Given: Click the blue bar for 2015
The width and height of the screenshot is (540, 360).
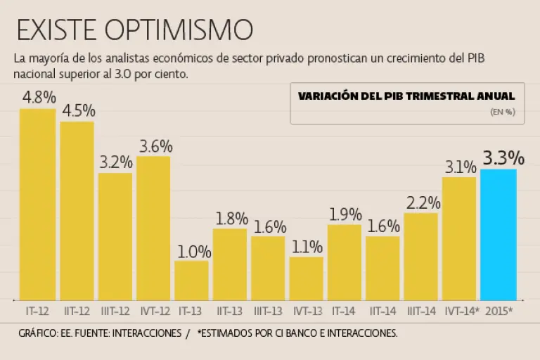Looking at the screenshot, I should tap(499, 235).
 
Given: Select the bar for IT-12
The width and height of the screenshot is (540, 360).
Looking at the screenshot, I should tap(38, 204).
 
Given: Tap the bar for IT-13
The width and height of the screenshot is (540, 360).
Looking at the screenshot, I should tap(191, 281).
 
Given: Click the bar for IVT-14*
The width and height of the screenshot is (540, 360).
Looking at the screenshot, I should tap(459, 239).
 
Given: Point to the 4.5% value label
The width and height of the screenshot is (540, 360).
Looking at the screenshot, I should tap(78, 111).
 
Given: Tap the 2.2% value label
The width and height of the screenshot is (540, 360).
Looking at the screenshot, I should tap(423, 203).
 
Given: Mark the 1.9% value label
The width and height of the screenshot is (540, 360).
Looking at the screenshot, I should tap(345, 214).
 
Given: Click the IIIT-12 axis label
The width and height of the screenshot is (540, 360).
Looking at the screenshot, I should tap(115, 310).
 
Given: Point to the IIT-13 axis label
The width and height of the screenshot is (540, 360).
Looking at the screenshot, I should tap(230, 310).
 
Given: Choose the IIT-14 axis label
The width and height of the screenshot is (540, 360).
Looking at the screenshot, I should tap(383, 310).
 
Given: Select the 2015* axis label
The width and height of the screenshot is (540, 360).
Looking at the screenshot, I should tap(499, 310).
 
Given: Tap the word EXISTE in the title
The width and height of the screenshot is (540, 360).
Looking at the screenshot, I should tap(56, 30).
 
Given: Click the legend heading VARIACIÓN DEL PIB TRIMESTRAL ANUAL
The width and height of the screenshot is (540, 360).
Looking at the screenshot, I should tap(406, 96).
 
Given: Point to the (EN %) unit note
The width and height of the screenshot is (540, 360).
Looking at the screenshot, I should tap(503, 112).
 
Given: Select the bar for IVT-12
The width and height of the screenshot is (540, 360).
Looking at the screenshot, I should tap(153, 229).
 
